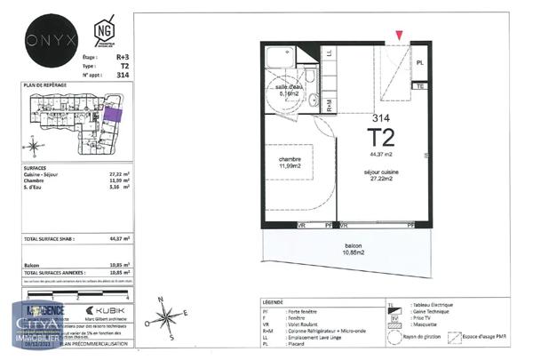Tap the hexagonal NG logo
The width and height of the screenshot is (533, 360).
[106, 33]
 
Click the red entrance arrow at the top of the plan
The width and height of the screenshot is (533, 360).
[400, 35]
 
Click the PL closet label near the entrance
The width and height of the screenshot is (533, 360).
[420, 63]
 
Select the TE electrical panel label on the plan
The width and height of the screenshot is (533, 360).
[420, 87]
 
